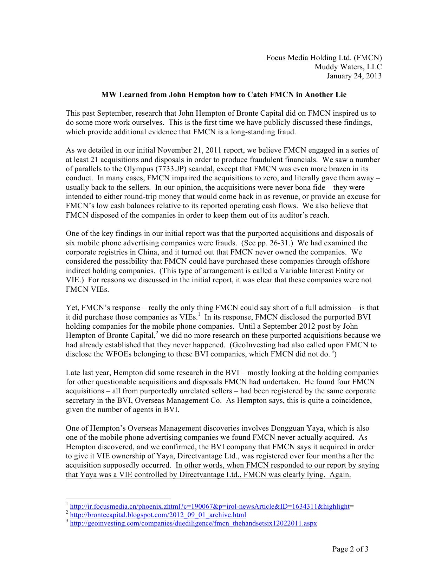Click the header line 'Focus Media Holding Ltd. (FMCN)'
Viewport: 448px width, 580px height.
[324, 58]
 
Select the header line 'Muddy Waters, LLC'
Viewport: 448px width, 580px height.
[348, 67]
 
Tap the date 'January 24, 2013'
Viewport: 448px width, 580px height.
[354, 76]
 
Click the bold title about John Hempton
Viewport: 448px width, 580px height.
[224, 95]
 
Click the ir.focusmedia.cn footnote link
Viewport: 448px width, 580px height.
[210, 507]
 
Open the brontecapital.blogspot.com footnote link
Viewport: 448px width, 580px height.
[158, 515]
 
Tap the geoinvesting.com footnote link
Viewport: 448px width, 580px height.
[193, 523]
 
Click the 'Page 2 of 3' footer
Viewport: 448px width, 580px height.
[350, 549]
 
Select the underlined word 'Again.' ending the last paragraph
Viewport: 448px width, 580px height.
[340, 475]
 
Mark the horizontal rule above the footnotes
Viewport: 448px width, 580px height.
[118, 498]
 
